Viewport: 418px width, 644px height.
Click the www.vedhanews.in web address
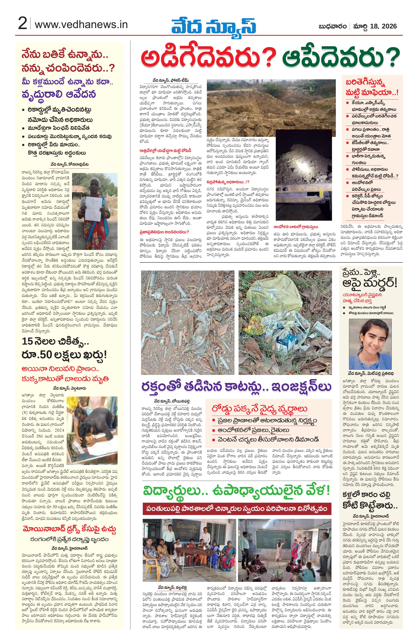tap(81, 25)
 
